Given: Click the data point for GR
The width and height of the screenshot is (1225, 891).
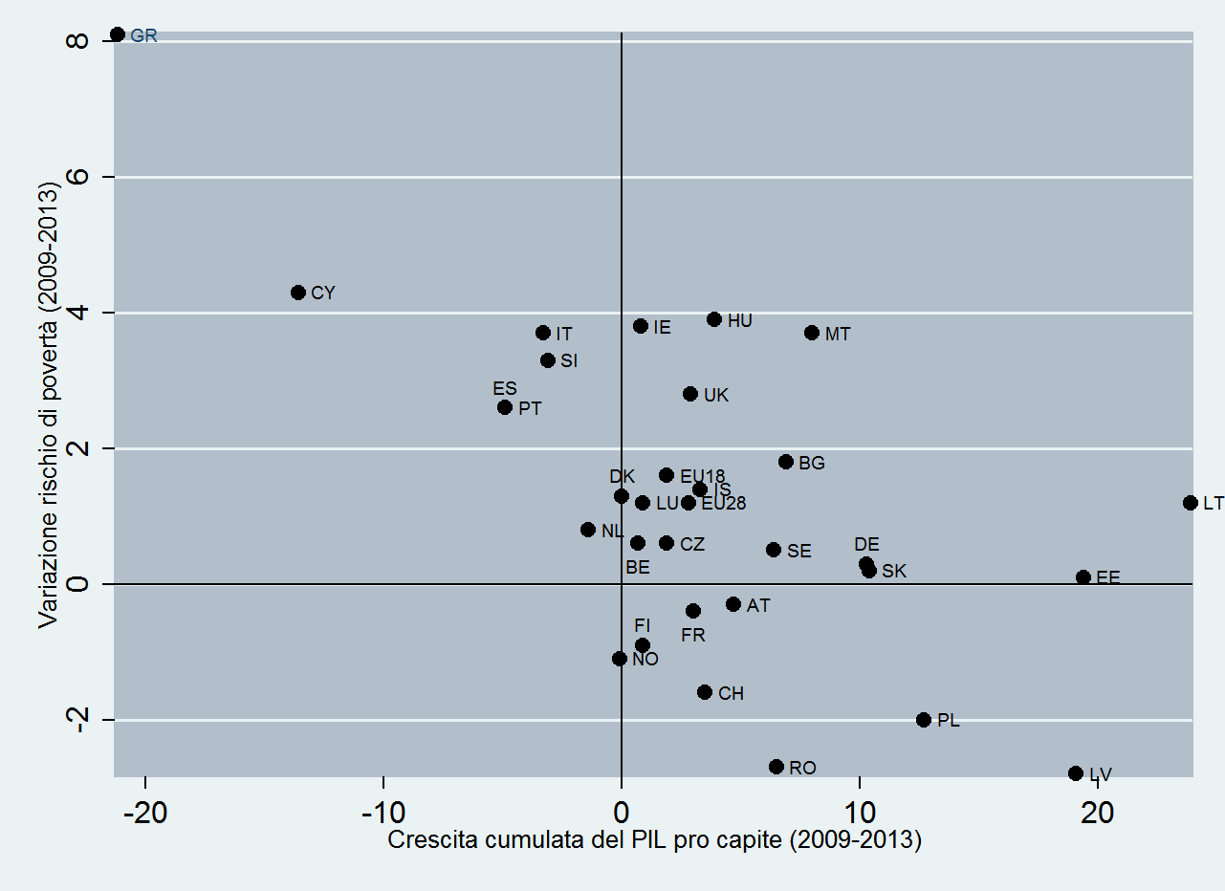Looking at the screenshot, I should click(x=118, y=34).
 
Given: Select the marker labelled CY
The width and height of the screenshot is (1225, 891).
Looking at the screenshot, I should click(x=298, y=293).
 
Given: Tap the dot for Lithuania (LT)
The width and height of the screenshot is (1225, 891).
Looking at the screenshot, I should click(x=1191, y=503).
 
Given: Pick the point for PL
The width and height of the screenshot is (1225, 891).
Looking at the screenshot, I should click(x=924, y=720).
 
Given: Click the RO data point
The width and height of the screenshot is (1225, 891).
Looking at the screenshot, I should click(x=777, y=767).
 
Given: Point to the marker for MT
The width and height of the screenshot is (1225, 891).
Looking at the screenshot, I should click(x=812, y=333).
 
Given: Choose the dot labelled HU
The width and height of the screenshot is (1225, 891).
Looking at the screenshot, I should click(x=714, y=319).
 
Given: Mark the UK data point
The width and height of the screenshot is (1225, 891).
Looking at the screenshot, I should click(x=690, y=394).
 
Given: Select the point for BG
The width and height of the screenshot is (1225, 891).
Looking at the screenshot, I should click(x=786, y=462).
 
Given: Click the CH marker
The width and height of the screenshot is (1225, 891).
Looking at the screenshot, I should click(x=705, y=692).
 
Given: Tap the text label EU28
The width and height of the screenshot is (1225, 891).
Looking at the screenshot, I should click(x=723, y=503).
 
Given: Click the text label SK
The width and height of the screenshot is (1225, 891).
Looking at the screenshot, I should click(x=894, y=572).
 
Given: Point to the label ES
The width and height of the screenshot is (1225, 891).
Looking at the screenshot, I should click(x=505, y=389).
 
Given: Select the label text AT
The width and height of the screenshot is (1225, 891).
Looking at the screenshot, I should click(x=758, y=605).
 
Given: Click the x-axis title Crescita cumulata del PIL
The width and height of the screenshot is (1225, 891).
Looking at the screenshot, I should click(x=654, y=841).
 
